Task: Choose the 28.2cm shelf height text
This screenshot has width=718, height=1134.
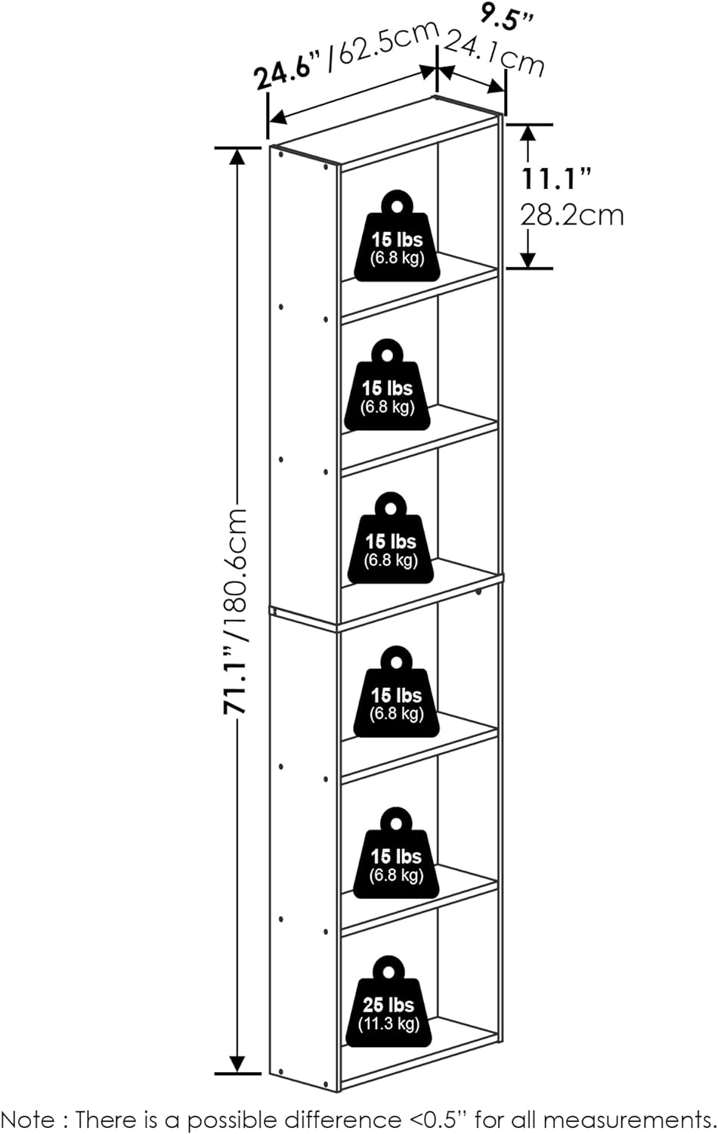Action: coord(572,215)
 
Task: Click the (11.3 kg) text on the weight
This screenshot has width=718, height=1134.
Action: coord(388,1024)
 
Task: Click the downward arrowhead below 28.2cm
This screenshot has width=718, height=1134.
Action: coord(528,259)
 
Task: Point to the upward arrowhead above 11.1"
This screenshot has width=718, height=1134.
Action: coord(528,133)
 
